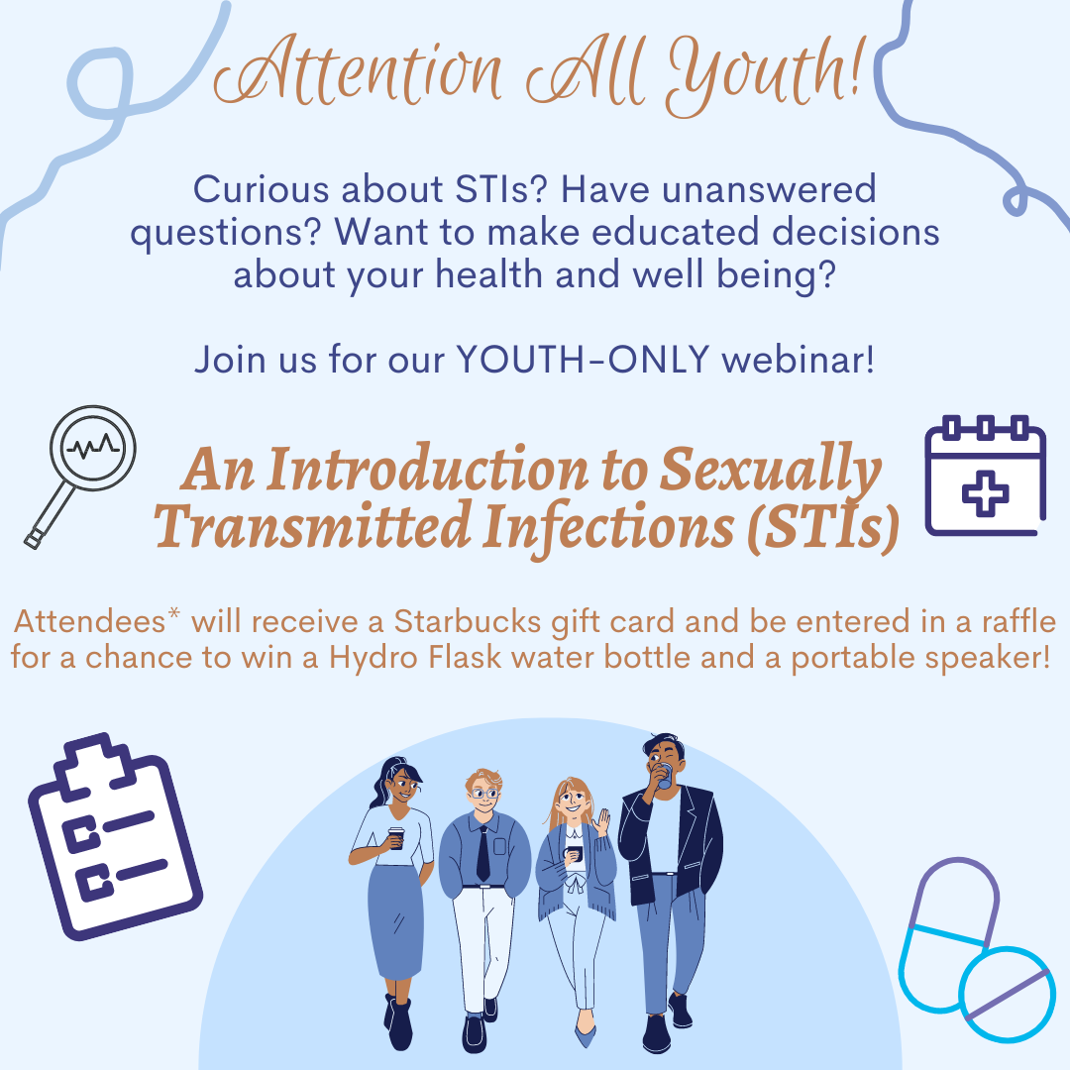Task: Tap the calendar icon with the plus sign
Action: (x=985, y=476)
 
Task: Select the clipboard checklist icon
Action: (x=115, y=836)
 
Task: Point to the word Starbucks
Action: (x=468, y=621)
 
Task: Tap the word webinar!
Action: (x=798, y=359)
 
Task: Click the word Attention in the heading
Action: (x=359, y=71)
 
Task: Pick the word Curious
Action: (x=262, y=189)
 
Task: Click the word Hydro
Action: (x=374, y=658)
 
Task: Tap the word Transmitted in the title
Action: (x=312, y=526)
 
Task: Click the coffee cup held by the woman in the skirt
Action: (x=395, y=837)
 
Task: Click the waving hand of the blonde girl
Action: (x=601, y=822)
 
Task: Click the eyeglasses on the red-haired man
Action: (x=484, y=794)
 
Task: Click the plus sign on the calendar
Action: (x=986, y=492)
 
